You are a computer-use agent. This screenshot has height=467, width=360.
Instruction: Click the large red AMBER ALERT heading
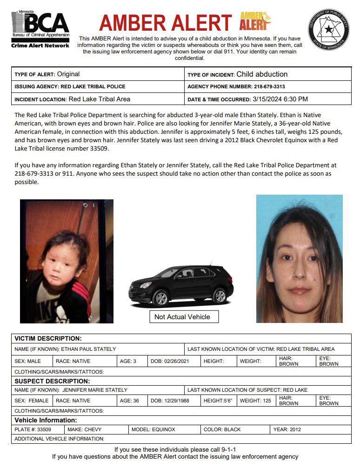coord(166,23)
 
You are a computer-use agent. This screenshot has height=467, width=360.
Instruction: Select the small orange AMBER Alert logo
coord(255,21)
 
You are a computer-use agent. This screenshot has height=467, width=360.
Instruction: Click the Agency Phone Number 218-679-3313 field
coord(267,86)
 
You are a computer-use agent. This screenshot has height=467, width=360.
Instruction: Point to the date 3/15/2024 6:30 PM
coord(280,99)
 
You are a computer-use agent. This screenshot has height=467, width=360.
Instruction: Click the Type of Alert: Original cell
coord(98,74)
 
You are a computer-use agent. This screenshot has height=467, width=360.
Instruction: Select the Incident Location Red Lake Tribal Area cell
coord(98,99)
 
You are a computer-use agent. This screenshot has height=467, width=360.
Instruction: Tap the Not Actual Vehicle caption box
coord(182,317)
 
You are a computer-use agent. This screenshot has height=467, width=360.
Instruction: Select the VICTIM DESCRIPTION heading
coord(48,338)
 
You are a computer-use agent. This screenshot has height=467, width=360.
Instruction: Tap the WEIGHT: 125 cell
coord(255,401)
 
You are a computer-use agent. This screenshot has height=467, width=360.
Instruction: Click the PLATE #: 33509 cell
coord(37,429)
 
